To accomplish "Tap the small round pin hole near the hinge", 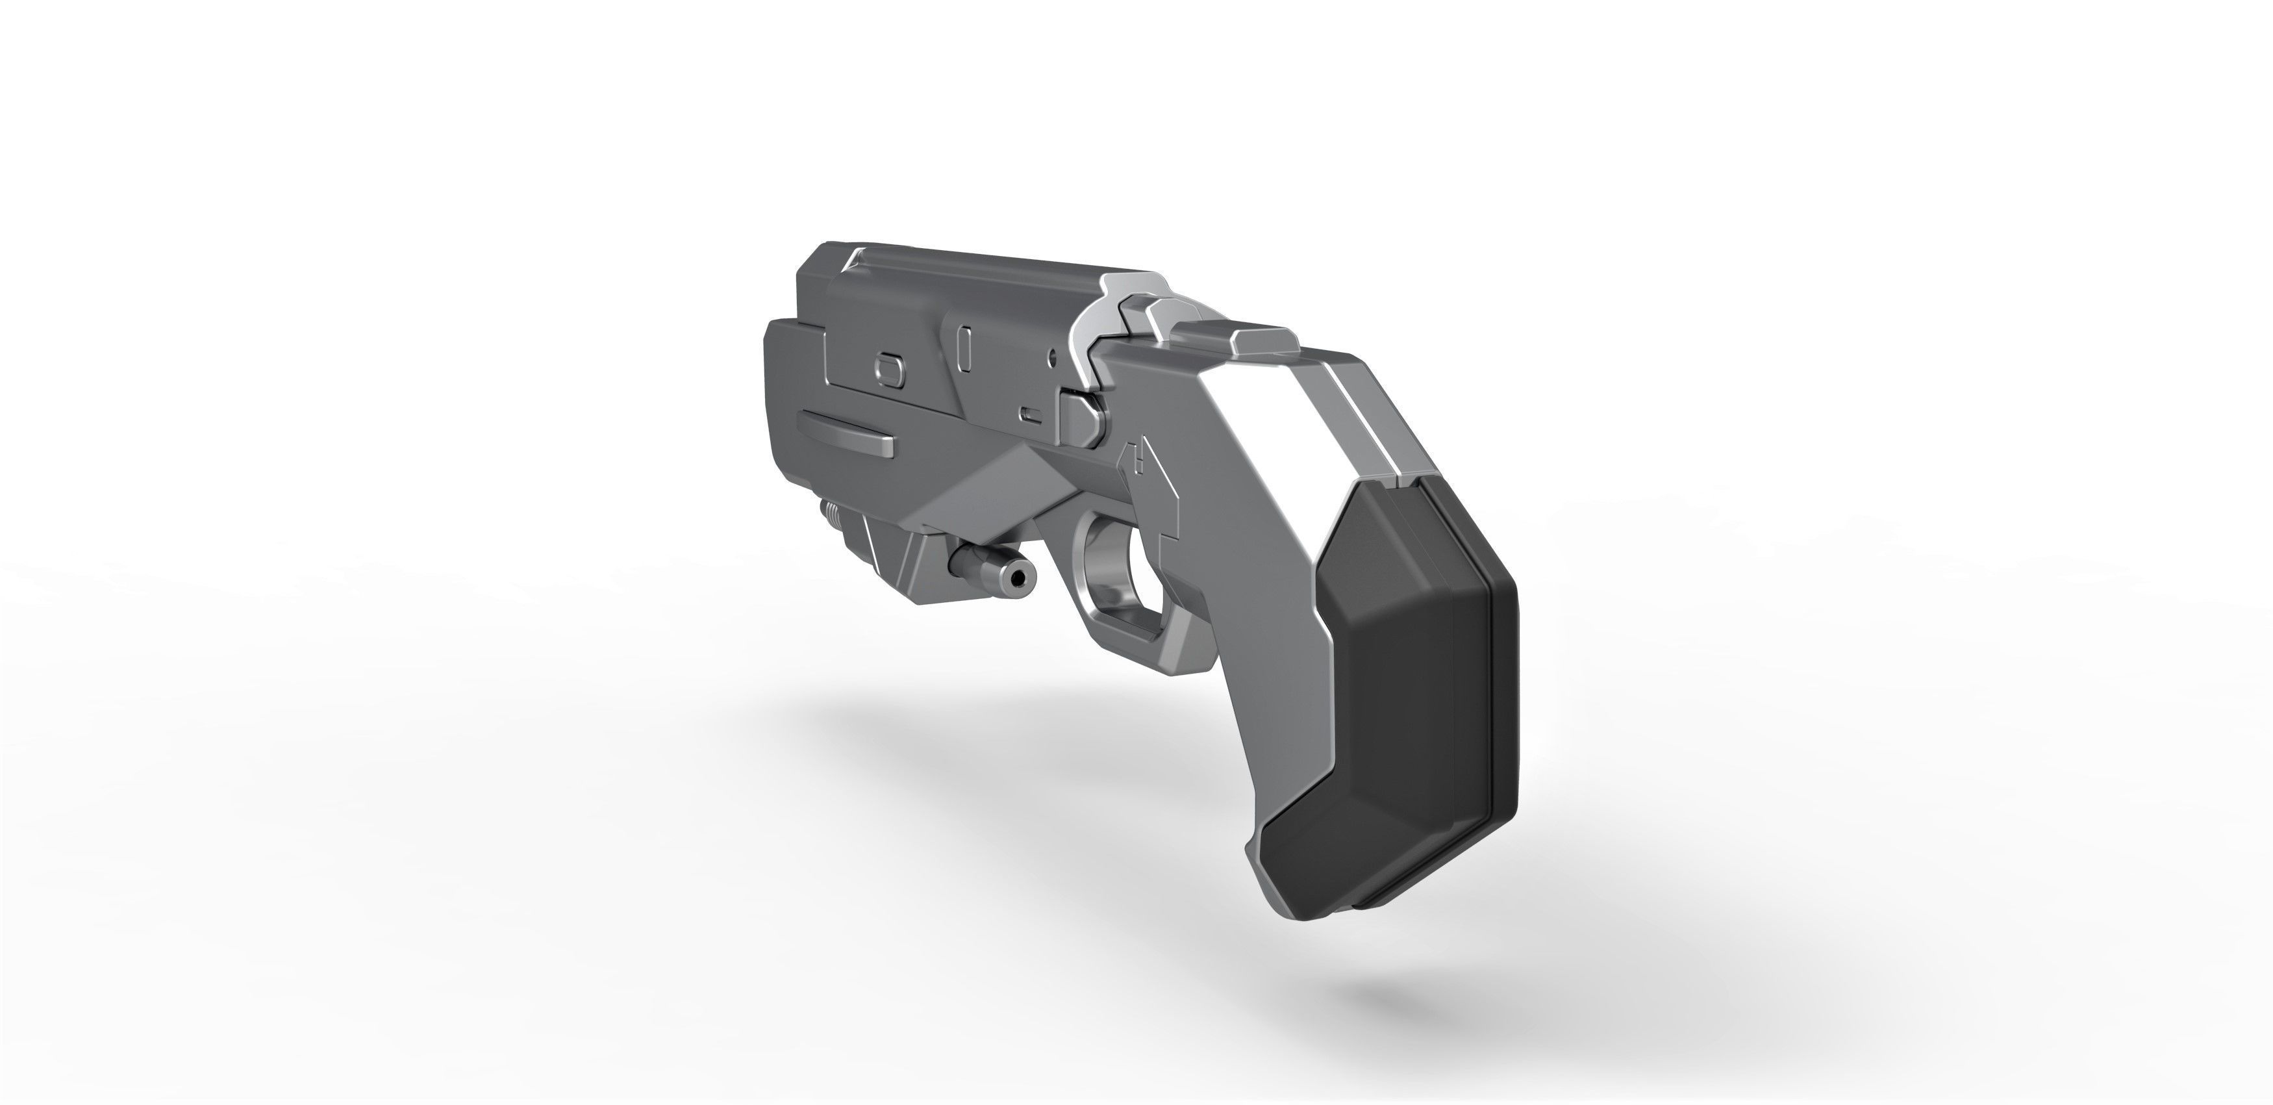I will click(1052, 357).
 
